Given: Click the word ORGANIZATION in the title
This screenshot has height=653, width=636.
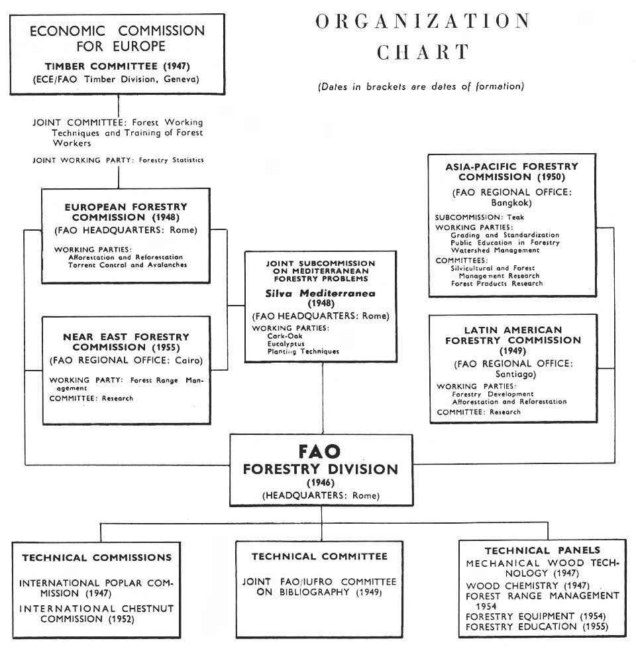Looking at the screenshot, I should [x=423, y=21].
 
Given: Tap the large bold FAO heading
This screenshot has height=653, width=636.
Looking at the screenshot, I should [x=320, y=452].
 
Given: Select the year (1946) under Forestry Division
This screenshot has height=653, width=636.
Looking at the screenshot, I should [x=321, y=482].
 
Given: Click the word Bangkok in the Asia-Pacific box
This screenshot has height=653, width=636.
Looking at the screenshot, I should [x=512, y=203].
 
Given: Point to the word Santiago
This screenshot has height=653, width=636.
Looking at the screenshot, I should [x=512, y=374].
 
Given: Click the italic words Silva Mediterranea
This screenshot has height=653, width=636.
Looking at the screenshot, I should [x=322, y=292].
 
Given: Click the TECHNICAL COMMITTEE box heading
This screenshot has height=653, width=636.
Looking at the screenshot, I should [x=319, y=556].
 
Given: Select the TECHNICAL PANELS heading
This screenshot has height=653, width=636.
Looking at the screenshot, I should [x=542, y=550].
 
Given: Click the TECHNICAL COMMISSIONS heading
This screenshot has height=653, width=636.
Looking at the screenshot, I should [x=97, y=558].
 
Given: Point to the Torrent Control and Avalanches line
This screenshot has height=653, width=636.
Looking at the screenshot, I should [x=127, y=265].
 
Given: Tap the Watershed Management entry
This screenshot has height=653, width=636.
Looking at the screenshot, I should [x=496, y=251].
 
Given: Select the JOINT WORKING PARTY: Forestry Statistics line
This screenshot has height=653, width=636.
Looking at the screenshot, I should [x=118, y=160].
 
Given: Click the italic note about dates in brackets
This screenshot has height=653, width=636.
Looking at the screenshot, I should [x=421, y=86].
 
